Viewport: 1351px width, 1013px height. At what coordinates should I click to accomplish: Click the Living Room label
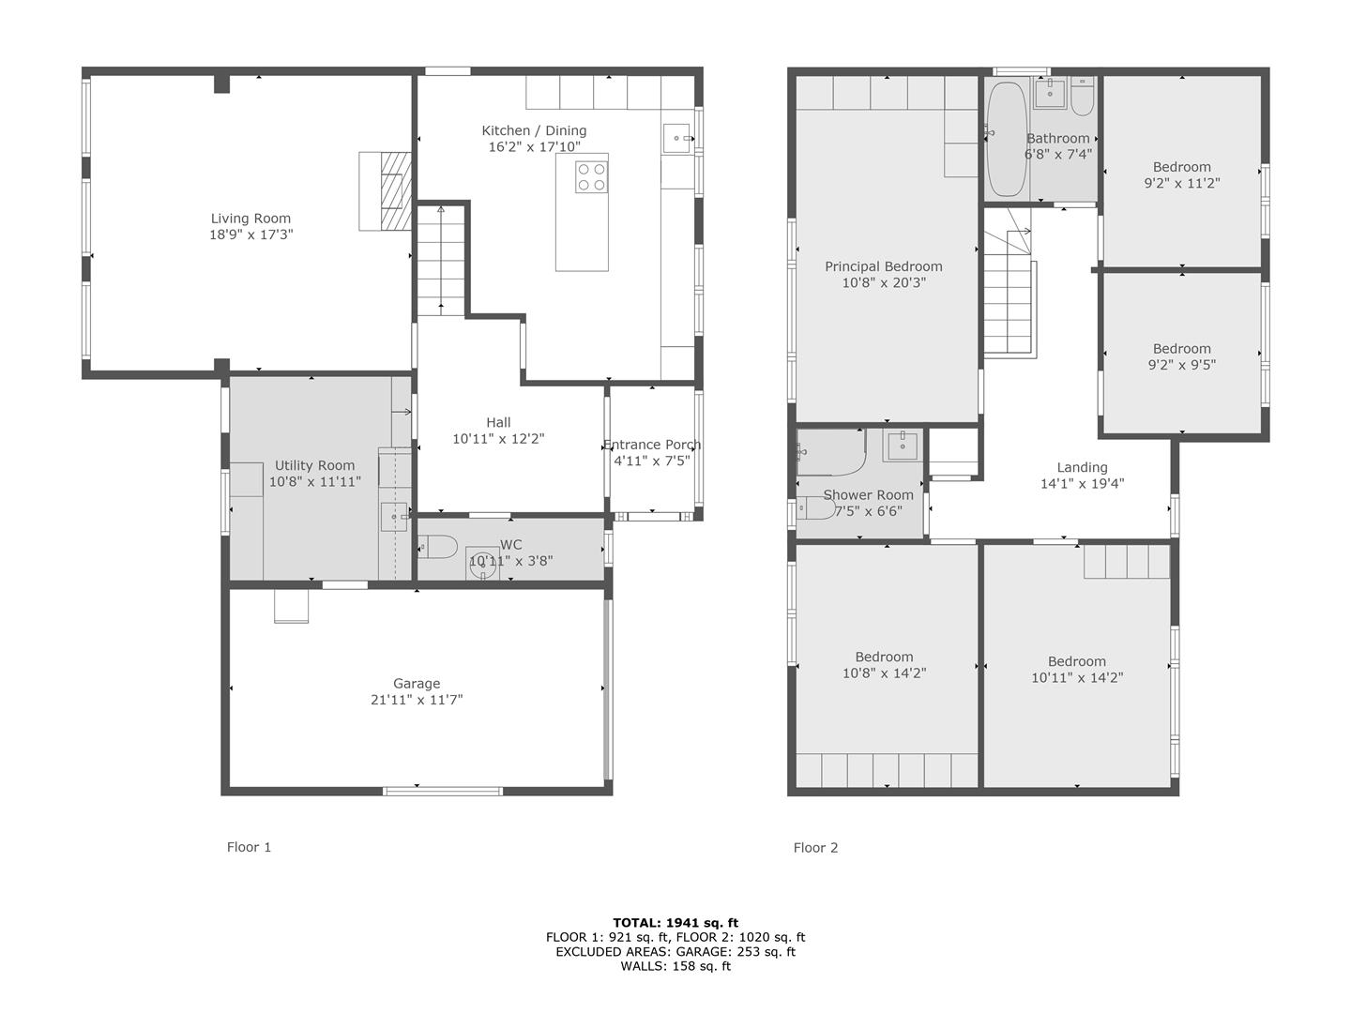pos(250,219)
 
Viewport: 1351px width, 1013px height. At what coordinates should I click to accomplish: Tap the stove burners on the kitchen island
pos(591,176)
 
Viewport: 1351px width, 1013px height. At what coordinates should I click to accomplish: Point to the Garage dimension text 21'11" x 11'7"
pos(417,700)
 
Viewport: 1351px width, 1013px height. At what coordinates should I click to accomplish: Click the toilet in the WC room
pos(437,546)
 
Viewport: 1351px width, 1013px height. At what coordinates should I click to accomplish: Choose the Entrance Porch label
pos(652,445)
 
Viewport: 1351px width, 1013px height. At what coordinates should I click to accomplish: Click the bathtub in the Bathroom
pos(1007,139)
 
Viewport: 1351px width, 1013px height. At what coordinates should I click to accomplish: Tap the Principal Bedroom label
pos(884,266)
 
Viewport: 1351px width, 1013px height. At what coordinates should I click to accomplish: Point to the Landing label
pos(1082,467)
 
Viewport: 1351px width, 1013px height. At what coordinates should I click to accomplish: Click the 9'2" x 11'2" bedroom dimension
pos(1182,183)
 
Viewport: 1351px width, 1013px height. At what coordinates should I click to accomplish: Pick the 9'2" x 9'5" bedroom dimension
pos(1182,364)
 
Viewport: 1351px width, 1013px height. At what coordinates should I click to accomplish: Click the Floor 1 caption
pos(249,847)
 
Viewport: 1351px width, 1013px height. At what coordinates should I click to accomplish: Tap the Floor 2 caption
pos(815,848)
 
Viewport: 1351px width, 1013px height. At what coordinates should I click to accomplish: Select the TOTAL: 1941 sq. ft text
pos(675,923)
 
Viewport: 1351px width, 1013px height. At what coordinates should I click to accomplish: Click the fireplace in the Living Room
pos(386,191)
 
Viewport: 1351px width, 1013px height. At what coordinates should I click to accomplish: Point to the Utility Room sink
pos(394,517)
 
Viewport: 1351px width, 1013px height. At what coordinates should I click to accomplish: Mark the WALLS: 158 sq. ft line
pos(675,966)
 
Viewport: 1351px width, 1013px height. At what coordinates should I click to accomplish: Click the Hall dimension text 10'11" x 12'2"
pos(498,439)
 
